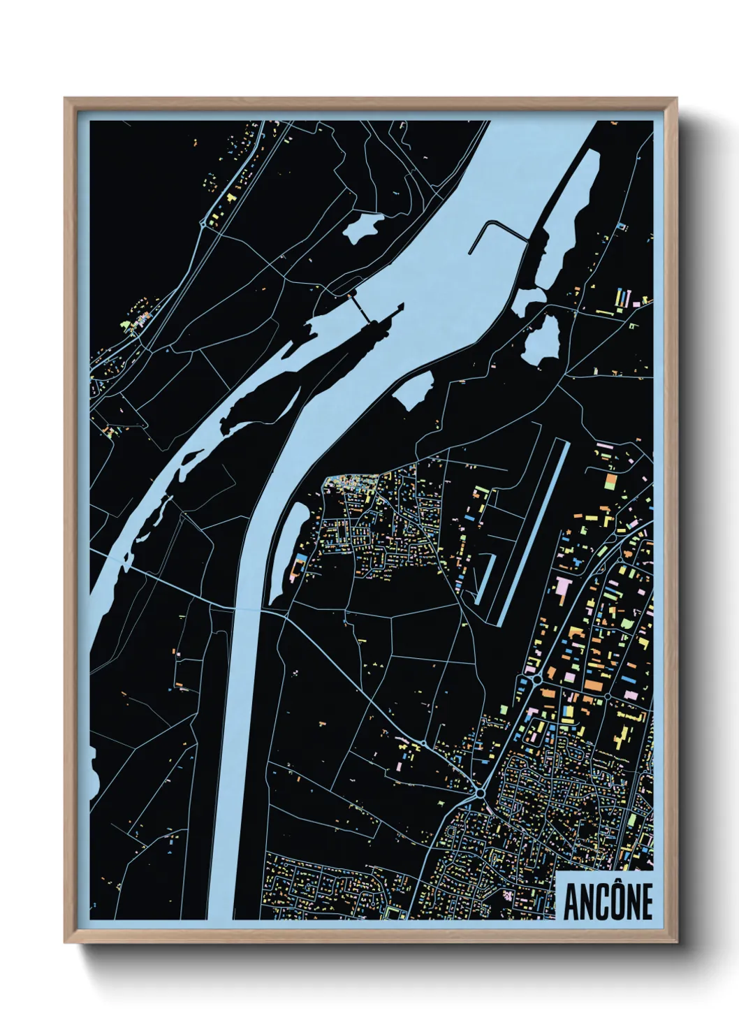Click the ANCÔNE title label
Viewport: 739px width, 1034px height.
[x=607, y=901]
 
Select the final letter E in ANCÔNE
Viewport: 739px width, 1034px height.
[x=645, y=902]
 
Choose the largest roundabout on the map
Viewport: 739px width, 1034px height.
[x=481, y=794]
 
